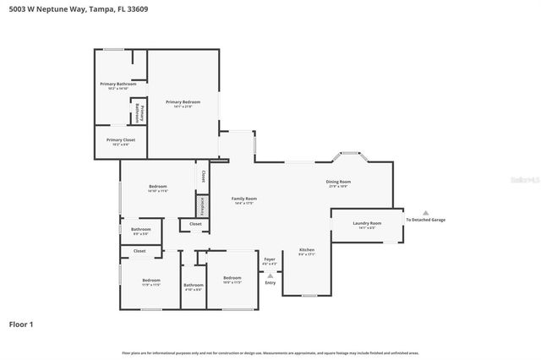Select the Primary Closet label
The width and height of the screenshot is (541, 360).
[120, 141]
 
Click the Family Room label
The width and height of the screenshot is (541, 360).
[243, 200]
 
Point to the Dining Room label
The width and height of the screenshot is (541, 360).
[338, 183]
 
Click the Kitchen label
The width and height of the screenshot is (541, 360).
[306, 251]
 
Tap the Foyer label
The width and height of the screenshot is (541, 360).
[270, 260]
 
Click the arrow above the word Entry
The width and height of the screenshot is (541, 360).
[270, 275]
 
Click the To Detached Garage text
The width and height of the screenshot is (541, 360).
[425, 220]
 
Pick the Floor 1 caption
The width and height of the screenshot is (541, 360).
[22, 324]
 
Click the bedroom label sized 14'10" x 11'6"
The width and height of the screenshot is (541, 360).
[158, 188]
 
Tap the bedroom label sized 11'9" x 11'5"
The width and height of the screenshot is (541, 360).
[150, 281]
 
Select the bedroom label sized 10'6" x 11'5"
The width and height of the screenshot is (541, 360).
[232, 280]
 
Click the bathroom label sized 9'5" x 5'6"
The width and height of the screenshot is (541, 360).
[140, 231]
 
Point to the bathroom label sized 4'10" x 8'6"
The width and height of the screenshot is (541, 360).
[193, 287]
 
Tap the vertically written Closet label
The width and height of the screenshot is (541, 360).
[203, 176]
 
